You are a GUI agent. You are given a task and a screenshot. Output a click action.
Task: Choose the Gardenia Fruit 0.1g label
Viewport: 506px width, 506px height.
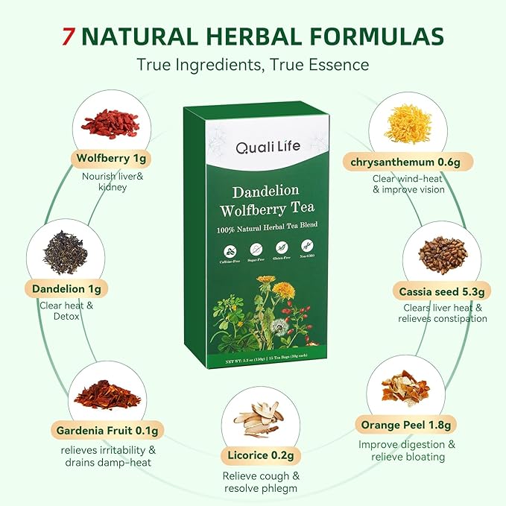pos(108,430)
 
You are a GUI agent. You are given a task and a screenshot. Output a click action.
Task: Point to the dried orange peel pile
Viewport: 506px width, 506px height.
pos(405,389)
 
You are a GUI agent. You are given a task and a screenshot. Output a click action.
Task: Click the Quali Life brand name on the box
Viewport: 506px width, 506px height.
pos(268,147)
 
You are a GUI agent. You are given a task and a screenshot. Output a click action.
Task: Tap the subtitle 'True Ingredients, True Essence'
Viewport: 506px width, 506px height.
pos(253,65)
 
